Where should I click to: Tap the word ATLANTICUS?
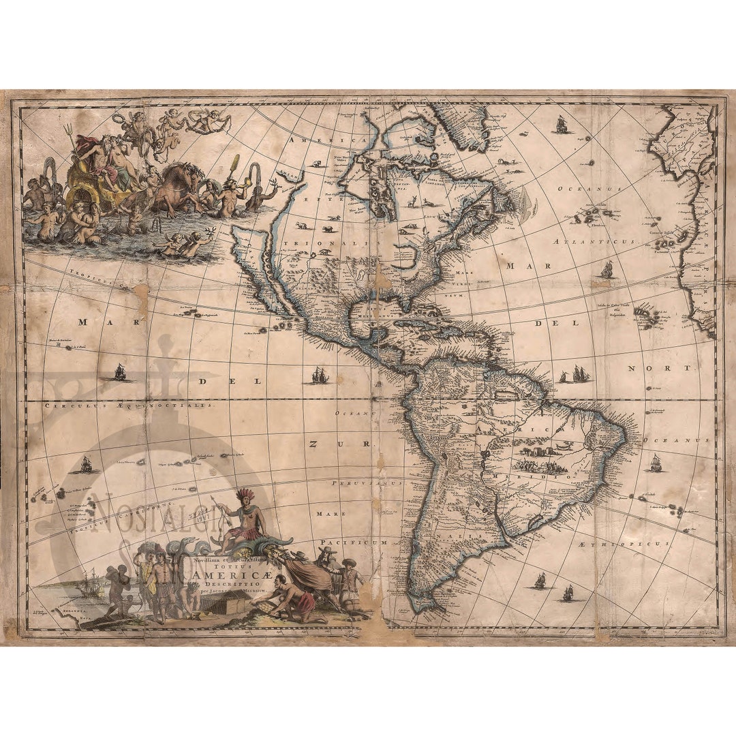pyautogui.click(x=594, y=241)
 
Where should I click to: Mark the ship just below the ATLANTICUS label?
pyautogui.click(x=606, y=270)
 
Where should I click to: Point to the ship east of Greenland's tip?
pyautogui.click(x=562, y=124)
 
